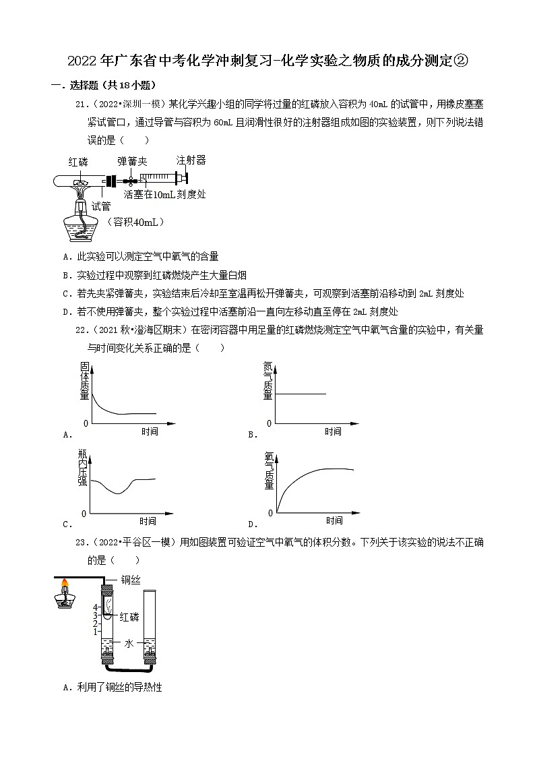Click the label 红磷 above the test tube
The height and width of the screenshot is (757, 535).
79,162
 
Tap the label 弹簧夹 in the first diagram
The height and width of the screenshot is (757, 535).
132,162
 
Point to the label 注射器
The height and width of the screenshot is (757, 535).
191,160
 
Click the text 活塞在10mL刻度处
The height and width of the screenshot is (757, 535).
164,194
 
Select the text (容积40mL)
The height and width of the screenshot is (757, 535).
137,222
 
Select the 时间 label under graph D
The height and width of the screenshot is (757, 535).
334,520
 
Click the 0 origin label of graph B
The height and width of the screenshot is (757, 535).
270,423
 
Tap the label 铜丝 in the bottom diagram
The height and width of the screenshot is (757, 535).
130,579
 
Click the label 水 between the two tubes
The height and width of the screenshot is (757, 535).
129,644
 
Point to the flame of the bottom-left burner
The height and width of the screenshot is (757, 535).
65,584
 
